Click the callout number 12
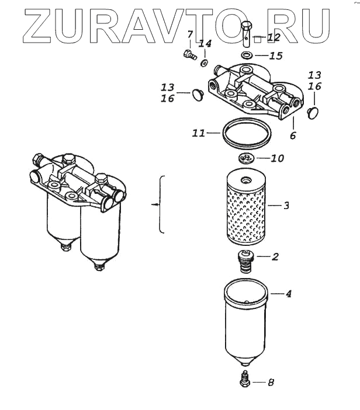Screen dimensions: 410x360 coord(274,38)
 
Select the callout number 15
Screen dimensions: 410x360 coord(275,56)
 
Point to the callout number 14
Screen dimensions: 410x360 coord(205,44)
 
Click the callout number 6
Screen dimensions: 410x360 coord(293,135)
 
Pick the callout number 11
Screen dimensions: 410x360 coord(198,133)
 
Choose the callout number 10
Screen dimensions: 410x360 coord(277,159)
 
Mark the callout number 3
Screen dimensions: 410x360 coord(286,205)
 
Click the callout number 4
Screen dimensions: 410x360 coord(288,294)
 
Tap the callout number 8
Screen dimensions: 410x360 coord(271,383)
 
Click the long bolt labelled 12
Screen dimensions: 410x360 coord(247,35)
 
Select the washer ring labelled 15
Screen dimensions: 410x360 coord(247,56)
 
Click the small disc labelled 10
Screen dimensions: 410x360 coord(246,158)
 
